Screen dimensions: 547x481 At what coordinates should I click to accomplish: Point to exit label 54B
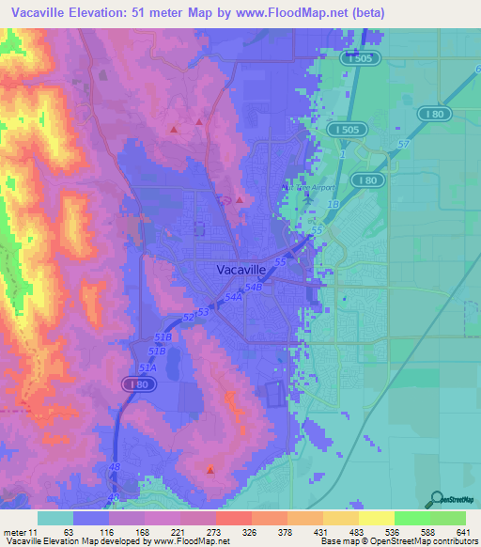[253, 287]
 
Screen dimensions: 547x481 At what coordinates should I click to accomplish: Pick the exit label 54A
[233, 297]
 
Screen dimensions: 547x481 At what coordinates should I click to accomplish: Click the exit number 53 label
[202, 311]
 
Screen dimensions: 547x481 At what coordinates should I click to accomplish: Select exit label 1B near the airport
[331, 203]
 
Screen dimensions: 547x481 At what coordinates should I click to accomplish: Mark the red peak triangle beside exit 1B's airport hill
[240, 199]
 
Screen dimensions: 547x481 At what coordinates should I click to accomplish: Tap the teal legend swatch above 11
[55, 518]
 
